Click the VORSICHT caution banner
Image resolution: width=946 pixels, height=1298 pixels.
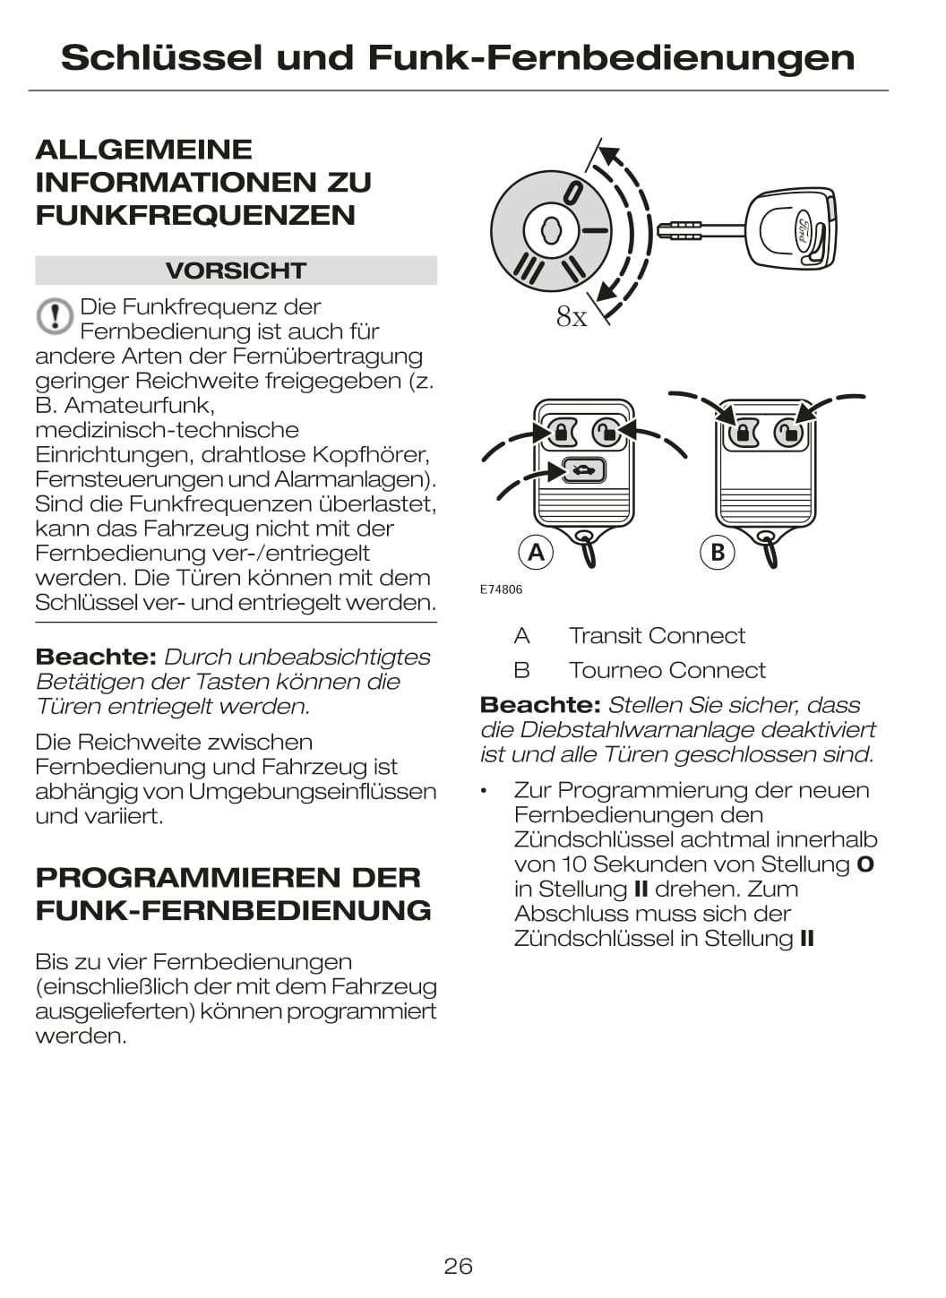[236, 271]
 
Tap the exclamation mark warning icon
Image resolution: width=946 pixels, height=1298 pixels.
[55, 316]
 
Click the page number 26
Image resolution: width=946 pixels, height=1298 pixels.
[458, 1266]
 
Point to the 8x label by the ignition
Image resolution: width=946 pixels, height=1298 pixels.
[572, 316]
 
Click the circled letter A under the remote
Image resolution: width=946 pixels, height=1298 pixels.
[536, 552]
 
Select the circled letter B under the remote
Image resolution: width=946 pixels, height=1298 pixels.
[717, 552]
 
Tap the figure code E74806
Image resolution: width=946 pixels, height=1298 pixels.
[501, 589]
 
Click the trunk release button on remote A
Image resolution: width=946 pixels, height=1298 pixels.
[584, 469]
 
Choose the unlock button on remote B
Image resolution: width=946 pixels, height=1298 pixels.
[787, 434]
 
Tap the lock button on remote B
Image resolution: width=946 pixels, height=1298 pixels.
[743, 434]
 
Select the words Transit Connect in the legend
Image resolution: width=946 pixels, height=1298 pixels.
[657, 636]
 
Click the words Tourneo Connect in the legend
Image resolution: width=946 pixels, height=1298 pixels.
[666, 671]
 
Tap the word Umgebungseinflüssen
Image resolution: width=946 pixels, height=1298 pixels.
[313, 792]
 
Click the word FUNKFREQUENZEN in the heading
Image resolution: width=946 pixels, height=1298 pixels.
[195, 216]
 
